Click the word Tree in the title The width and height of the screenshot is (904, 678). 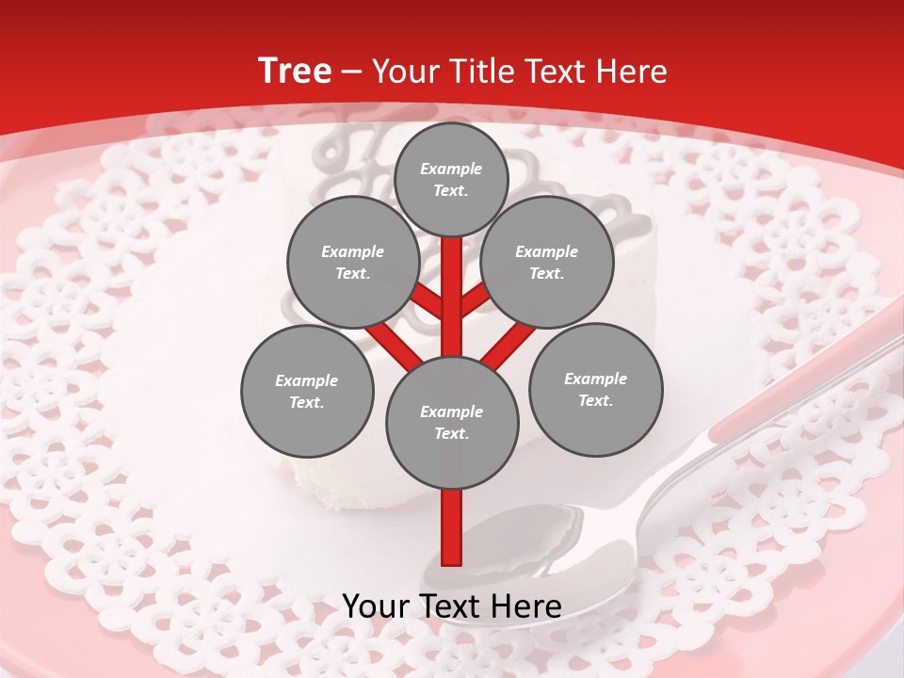click(x=295, y=72)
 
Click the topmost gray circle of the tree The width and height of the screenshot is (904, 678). click(x=451, y=179)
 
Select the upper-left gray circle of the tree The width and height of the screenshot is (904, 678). click(x=352, y=262)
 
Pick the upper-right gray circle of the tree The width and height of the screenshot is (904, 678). click(x=547, y=262)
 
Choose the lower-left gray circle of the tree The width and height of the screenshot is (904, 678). click(x=307, y=391)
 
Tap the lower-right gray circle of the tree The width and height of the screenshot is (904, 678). click(x=595, y=389)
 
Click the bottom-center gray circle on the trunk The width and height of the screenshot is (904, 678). click(x=452, y=422)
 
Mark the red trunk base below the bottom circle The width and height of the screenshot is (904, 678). click(x=452, y=527)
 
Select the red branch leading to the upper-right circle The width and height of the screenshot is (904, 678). click(x=476, y=299)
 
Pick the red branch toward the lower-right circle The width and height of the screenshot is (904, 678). click(x=508, y=345)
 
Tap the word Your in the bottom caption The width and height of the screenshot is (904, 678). click(x=375, y=605)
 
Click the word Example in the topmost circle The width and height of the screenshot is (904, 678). click(x=451, y=169)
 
